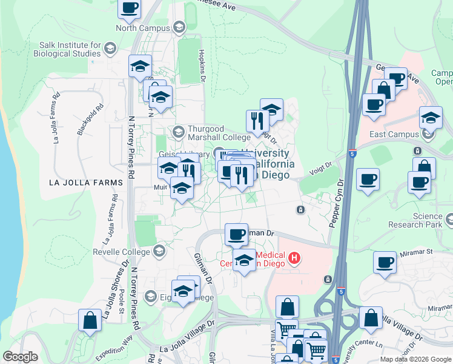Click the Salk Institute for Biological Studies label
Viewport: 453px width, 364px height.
coord(70,49)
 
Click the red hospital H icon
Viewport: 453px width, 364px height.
coord(294,259)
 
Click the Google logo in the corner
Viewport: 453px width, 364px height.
coord(20,357)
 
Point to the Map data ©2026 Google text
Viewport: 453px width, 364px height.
coord(415,359)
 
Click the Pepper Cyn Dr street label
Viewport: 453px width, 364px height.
coord(336,204)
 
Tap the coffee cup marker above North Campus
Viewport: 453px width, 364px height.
coord(130,9)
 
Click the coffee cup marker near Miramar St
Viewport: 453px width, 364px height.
coord(385,263)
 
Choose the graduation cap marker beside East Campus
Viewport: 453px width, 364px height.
coord(431,117)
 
